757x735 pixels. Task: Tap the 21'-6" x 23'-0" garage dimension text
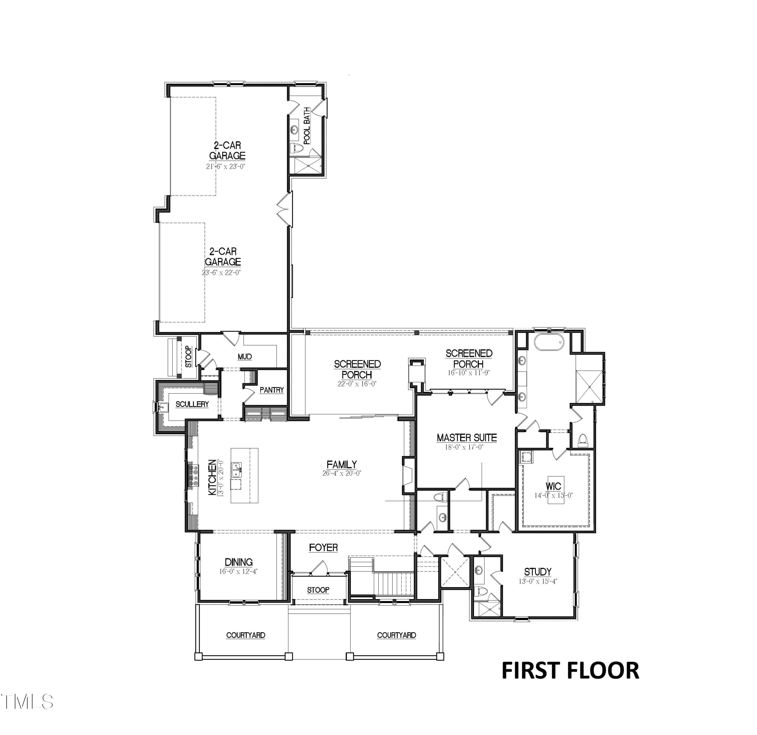click(x=226, y=167)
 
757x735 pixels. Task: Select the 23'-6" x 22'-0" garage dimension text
click(x=221, y=273)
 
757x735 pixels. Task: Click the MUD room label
click(x=245, y=357)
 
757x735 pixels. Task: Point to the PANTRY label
click(x=272, y=390)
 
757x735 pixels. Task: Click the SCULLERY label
click(x=192, y=404)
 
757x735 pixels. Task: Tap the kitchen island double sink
click(x=236, y=470)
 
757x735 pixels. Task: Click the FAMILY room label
click(x=342, y=465)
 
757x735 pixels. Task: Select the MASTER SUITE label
click(x=466, y=438)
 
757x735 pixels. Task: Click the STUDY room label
click(x=538, y=572)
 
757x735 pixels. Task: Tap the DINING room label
click(x=239, y=562)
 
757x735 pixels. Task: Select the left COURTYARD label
click(x=246, y=635)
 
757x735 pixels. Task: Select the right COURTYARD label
click(x=396, y=635)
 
